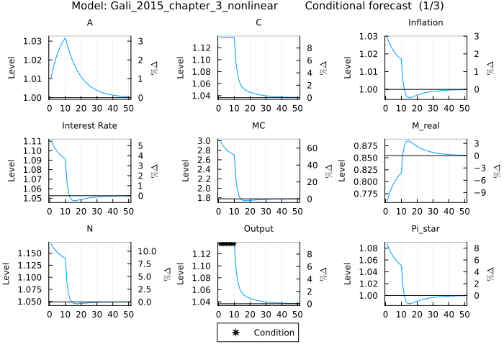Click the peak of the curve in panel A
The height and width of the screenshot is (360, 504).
[x=66, y=37]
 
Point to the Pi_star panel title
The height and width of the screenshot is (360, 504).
[x=426, y=228]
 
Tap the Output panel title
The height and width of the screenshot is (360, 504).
[x=258, y=228]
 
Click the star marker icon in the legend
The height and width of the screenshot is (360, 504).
[x=235, y=333]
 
